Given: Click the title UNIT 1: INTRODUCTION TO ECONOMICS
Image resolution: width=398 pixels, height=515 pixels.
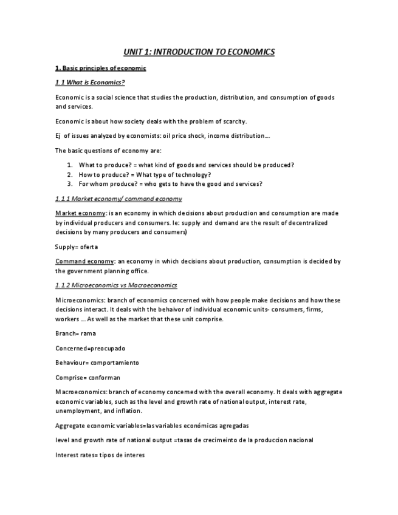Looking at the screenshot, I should tap(199, 52).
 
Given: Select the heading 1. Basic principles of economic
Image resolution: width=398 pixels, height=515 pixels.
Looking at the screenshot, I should tap(100, 68).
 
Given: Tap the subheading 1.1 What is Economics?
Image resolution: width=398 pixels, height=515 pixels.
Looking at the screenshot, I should tap(90, 83).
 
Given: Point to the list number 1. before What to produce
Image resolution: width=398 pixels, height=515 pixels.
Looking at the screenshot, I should tap(70, 165).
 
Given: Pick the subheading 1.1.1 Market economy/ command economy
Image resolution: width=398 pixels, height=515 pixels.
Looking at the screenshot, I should tap(118, 199).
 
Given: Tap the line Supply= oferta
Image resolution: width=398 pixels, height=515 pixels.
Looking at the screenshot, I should tap(76, 247).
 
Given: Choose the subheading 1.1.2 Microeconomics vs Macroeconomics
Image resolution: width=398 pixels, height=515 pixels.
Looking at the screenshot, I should tap(116, 285).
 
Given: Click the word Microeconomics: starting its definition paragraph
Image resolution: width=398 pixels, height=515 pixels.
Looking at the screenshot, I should tap(79, 300).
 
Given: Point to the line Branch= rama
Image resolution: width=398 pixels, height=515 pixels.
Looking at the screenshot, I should tap(75, 333).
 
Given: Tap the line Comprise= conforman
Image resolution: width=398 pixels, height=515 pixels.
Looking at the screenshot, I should tap(87, 377).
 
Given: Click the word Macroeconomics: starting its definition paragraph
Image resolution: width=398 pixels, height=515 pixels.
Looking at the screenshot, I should tap(80, 392).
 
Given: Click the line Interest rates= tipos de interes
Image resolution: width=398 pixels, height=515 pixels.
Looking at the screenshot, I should tap(100, 455).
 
